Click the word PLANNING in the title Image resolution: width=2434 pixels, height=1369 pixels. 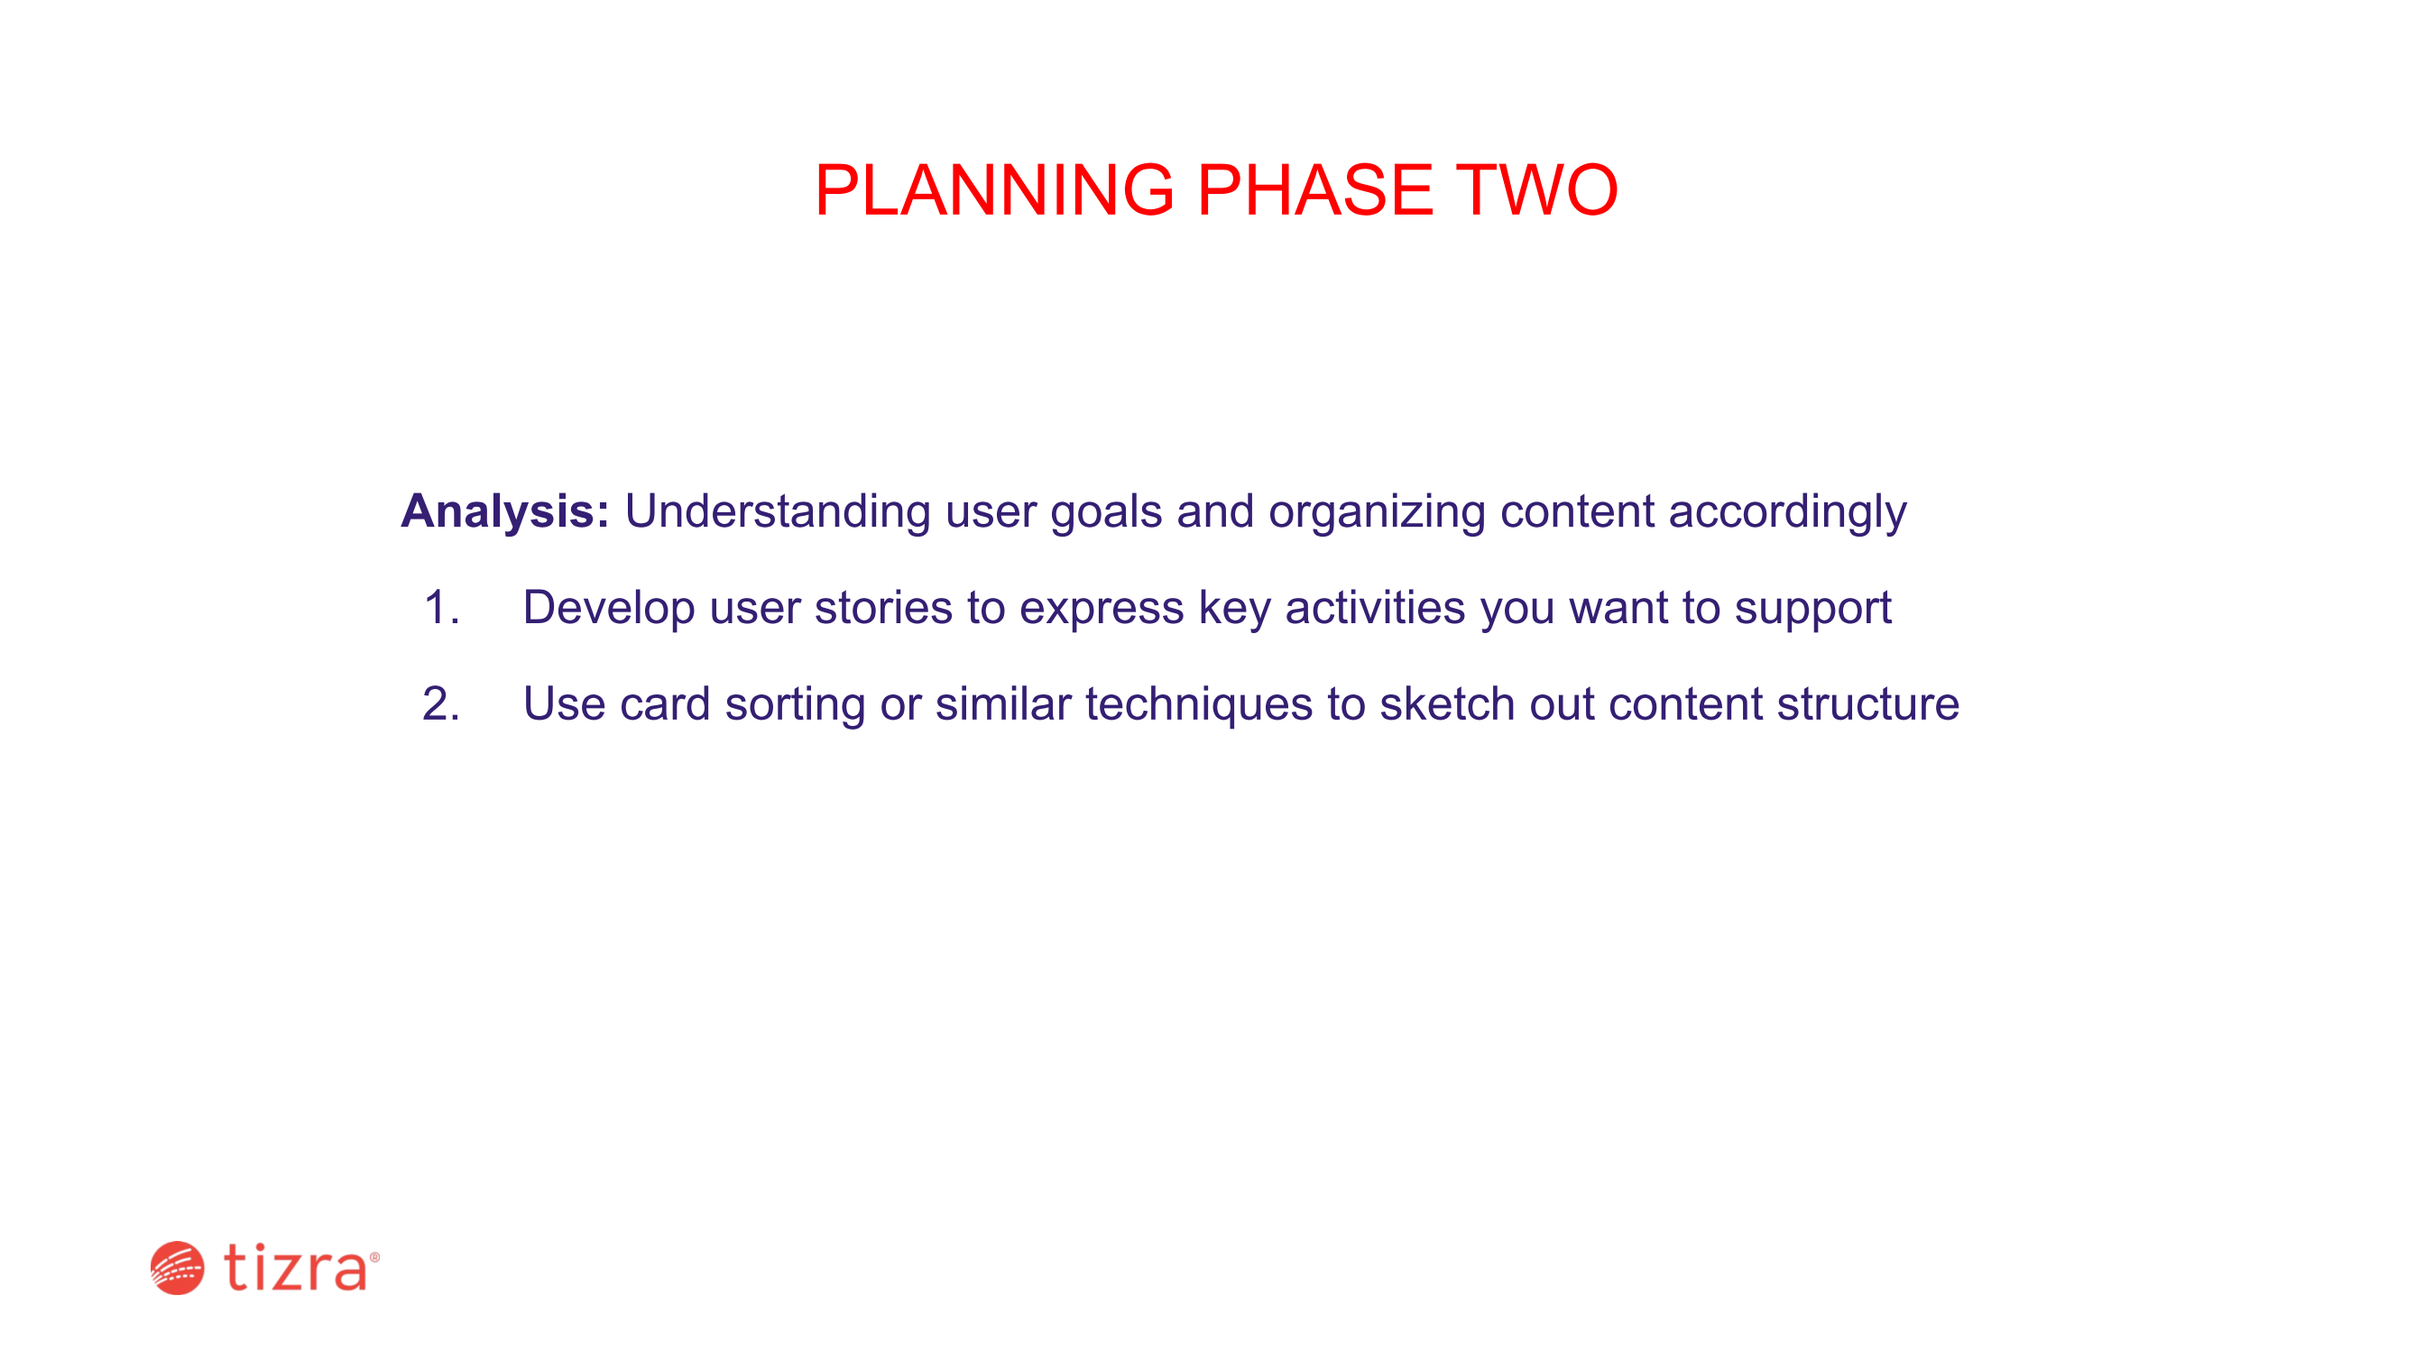pyautogui.click(x=995, y=190)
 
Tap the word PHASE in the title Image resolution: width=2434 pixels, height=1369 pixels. pyautogui.click(x=1315, y=190)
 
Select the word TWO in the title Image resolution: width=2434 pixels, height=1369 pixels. pyautogui.click(x=1537, y=190)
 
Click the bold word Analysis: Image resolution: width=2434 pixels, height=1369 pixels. pyautogui.click(x=505, y=512)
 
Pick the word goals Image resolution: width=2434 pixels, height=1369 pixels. pyautogui.click(x=1106, y=512)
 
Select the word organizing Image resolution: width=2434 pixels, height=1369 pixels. pyautogui.click(x=1377, y=512)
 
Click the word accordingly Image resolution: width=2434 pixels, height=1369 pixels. pyautogui.click(x=1788, y=512)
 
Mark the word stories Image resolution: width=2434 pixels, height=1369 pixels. pyautogui.click(x=883, y=608)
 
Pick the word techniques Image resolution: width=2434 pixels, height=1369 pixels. pyautogui.click(x=1199, y=706)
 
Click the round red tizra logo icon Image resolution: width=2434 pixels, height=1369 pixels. pyautogui.click(x=178, y=1268)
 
